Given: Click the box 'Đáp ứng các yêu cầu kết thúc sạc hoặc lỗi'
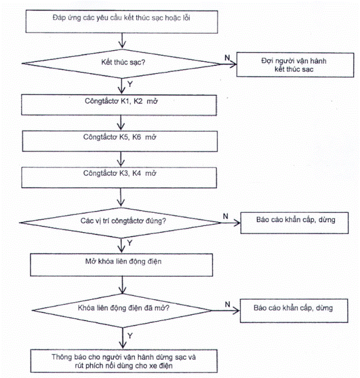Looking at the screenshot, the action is (x=122, y=21).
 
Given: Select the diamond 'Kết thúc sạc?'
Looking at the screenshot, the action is (x=121, y=64).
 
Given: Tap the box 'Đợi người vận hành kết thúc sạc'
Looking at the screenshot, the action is (x=295, y=65).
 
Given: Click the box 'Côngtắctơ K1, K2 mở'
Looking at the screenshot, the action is (x=119, y=105).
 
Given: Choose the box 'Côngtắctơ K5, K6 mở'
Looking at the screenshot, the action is (x=119, y=141).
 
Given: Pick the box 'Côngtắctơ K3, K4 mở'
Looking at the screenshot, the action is (x=119, y=178).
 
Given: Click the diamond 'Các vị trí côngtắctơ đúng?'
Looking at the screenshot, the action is (x=120, y=223).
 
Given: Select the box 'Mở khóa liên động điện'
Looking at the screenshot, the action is (x=121, y=265).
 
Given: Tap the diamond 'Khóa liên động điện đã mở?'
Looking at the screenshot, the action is (x=122, y=310).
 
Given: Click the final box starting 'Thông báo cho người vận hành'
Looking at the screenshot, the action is (x=124, y=361).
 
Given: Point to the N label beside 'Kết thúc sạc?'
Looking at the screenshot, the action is (x=227, y=58).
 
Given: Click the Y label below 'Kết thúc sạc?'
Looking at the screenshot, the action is (x=130, y=84).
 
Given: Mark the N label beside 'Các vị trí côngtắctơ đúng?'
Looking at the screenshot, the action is (x=226, y=217).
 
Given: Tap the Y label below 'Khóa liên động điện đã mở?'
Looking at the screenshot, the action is (x=130, y=335).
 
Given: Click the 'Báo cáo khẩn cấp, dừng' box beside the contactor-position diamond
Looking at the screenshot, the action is (x=294, y=223).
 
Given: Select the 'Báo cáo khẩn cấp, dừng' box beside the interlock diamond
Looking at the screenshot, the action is (x=294, y=311).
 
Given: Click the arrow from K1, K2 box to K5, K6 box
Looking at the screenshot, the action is (x=121, y=123).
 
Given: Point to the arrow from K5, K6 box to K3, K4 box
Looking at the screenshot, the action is (x=121, y=160).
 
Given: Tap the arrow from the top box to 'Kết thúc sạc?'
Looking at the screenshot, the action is (x=122, y=41).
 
